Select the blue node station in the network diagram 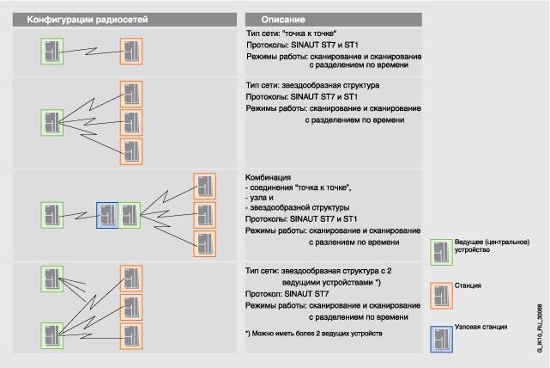pos(107,215)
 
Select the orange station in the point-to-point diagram pos(130,51)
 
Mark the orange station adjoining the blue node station pos(130,215)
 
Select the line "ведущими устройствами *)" pos(330,282)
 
